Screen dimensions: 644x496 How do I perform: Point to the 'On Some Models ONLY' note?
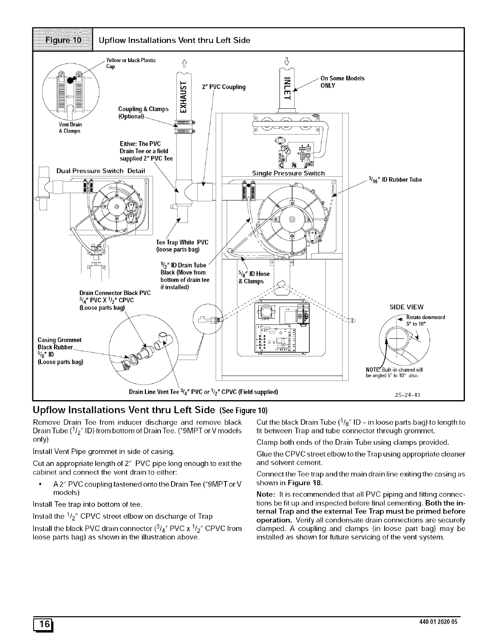click(x=342, y=82)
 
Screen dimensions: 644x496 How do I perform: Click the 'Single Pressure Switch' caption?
click(x=288, y=173)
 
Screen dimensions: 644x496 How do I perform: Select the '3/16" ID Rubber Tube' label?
click(x=395, y=180)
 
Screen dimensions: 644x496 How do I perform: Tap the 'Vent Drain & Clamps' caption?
click(x=70, y=128)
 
